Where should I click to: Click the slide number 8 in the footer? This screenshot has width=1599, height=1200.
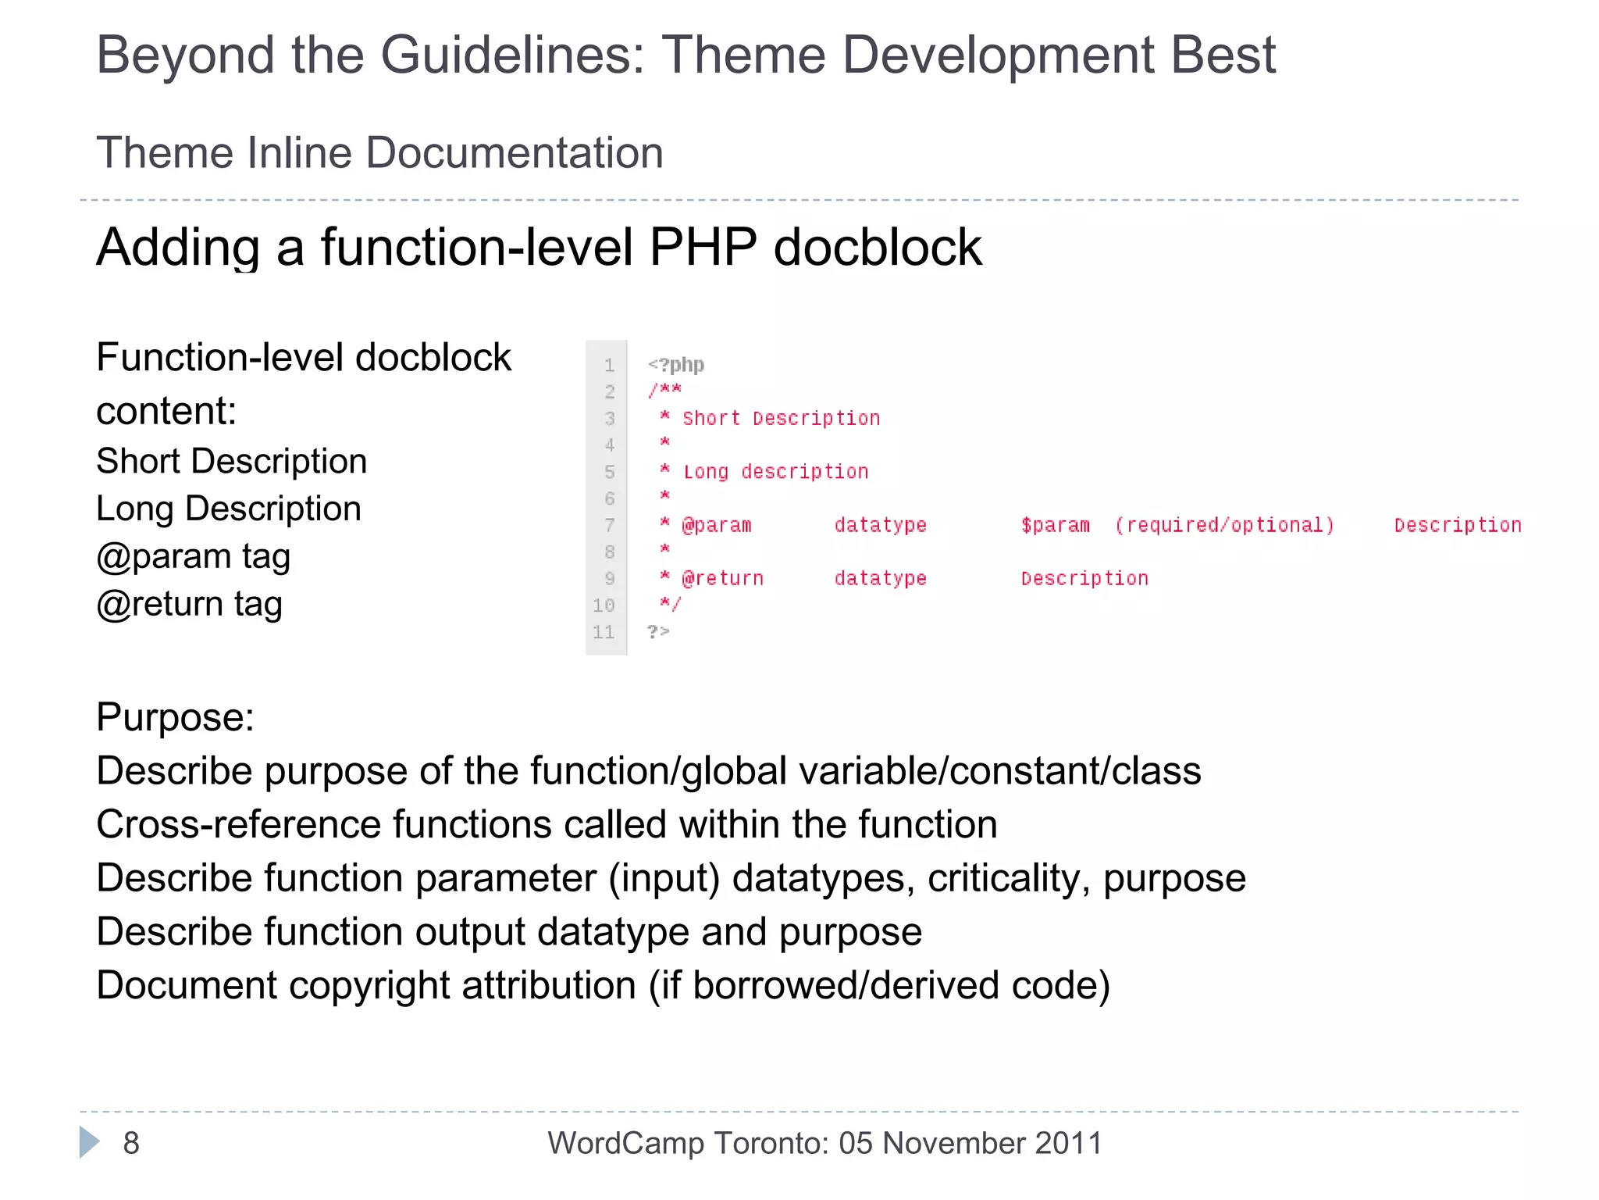pos(131,1143)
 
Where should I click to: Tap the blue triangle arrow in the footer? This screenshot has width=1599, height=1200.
pos(89,1142)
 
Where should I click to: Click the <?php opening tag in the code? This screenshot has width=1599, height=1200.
pos(676,365)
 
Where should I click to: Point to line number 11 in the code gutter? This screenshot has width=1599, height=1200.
pos(604,632)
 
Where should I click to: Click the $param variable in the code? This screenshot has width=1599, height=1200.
pos(1055,525)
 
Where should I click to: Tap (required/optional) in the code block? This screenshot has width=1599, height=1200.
pos(1224,525)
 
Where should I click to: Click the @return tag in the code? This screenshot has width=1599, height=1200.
pos(722,578)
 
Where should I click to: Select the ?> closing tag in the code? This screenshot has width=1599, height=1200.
pos(658,631)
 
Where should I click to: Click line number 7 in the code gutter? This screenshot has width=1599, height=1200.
pos(609,525)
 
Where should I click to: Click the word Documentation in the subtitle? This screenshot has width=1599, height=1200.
pos(515,152)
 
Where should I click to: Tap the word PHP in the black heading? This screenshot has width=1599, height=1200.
pos(703,248)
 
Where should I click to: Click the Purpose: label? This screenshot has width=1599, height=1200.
pos(175,717)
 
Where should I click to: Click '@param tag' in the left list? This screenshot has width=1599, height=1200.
pos(193,556)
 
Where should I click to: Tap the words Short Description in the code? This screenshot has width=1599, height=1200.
pos(781,419)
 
